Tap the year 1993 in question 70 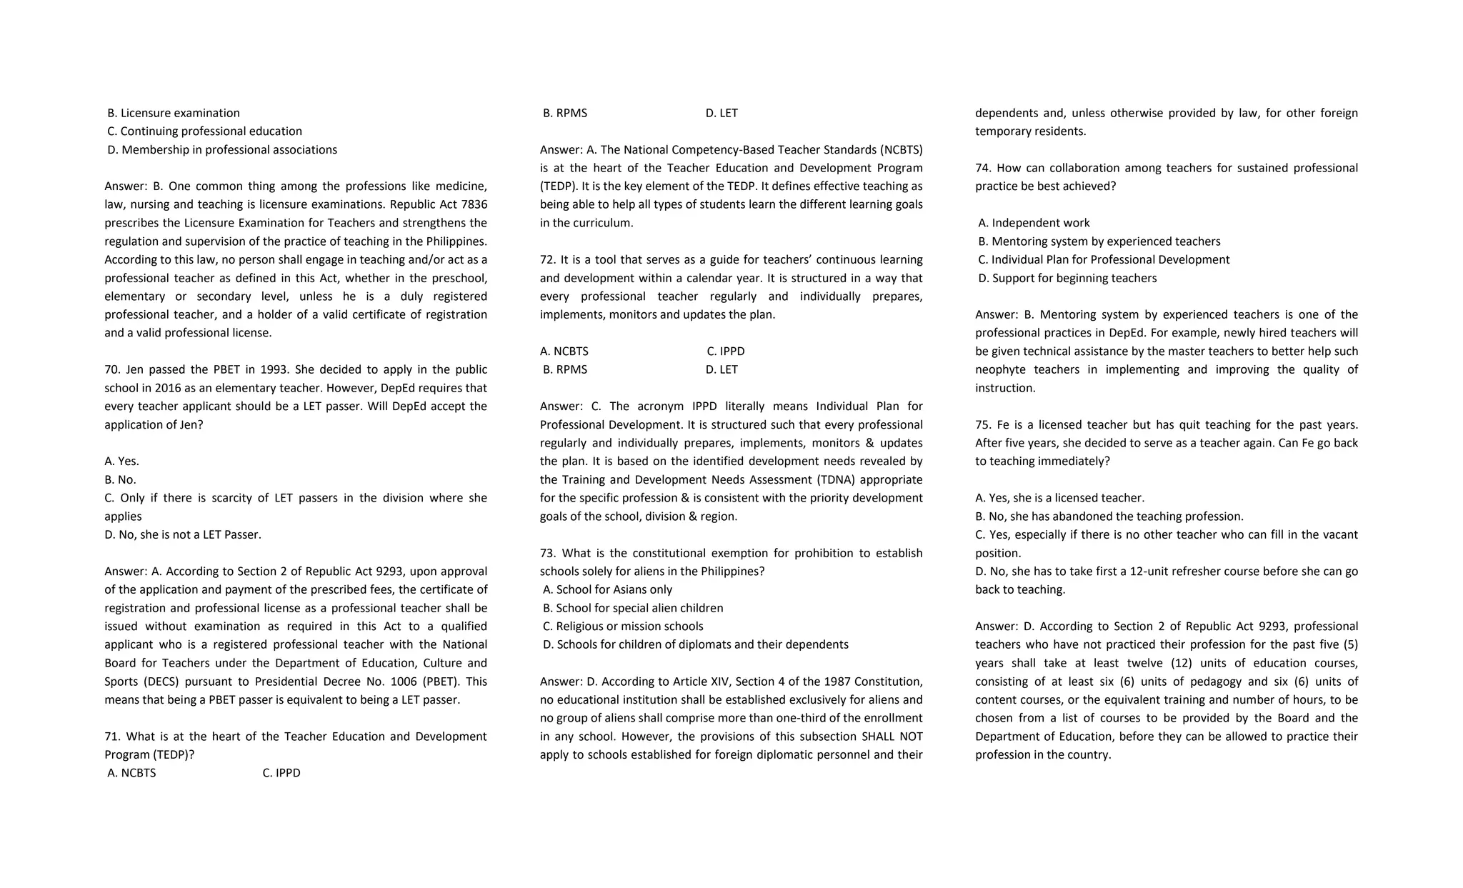(269, 369)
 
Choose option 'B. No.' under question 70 (120, 479)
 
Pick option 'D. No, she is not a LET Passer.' (183, 534)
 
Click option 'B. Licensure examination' (174, 113)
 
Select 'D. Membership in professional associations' (222, 149)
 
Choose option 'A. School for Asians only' (607, 589)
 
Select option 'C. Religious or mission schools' (623, 626)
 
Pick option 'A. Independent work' (1034, 223)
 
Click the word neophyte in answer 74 (1001, 369)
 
